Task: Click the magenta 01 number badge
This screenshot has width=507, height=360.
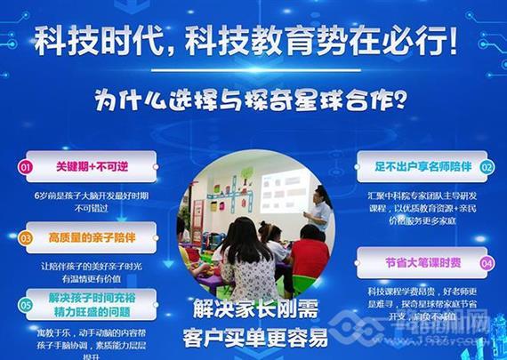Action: coord(26,166)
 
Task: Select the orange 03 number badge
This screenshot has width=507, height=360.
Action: coord(26,238)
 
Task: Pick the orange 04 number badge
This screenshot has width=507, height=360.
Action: coord(486,264)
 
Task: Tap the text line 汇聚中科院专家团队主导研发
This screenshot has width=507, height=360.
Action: coord(423,194)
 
